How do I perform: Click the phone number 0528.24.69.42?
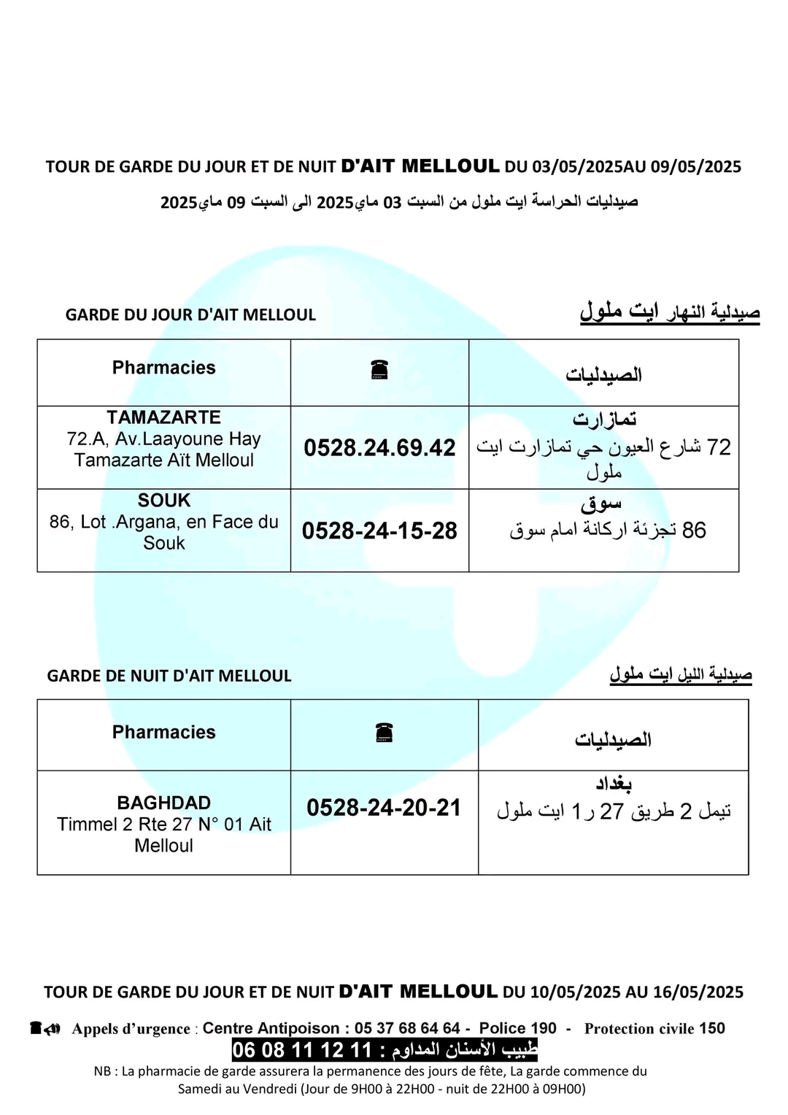[x=379, y=447]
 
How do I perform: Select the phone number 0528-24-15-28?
[x=379, y=531]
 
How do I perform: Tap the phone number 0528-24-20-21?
[x=384, y=808]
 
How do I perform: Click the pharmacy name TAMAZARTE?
[x=163, y=417]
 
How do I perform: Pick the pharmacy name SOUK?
[x=163, y=501]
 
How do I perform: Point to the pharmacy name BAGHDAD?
[x=163, y=803]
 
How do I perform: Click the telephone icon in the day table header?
[x=379, y=370]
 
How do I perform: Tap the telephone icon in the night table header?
[x=385, y=732]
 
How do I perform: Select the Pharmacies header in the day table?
[x=163, y=368]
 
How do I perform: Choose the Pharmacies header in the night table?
[x=163, y=732]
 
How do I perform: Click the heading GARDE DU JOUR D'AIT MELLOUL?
[x=190, y=315]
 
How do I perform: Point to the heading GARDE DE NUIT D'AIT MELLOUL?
[x=169, y=676]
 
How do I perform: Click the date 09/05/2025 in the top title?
[x=695, y=167]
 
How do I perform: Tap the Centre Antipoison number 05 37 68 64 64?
[x=407, y=1028]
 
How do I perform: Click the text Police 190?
[x=517, y=1028]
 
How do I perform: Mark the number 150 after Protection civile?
[x=711, y=1028]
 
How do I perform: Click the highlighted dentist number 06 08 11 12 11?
[x=302, y=1050]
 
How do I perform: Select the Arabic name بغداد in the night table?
[x=613, y=784]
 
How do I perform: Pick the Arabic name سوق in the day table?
[x=601, y=504]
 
